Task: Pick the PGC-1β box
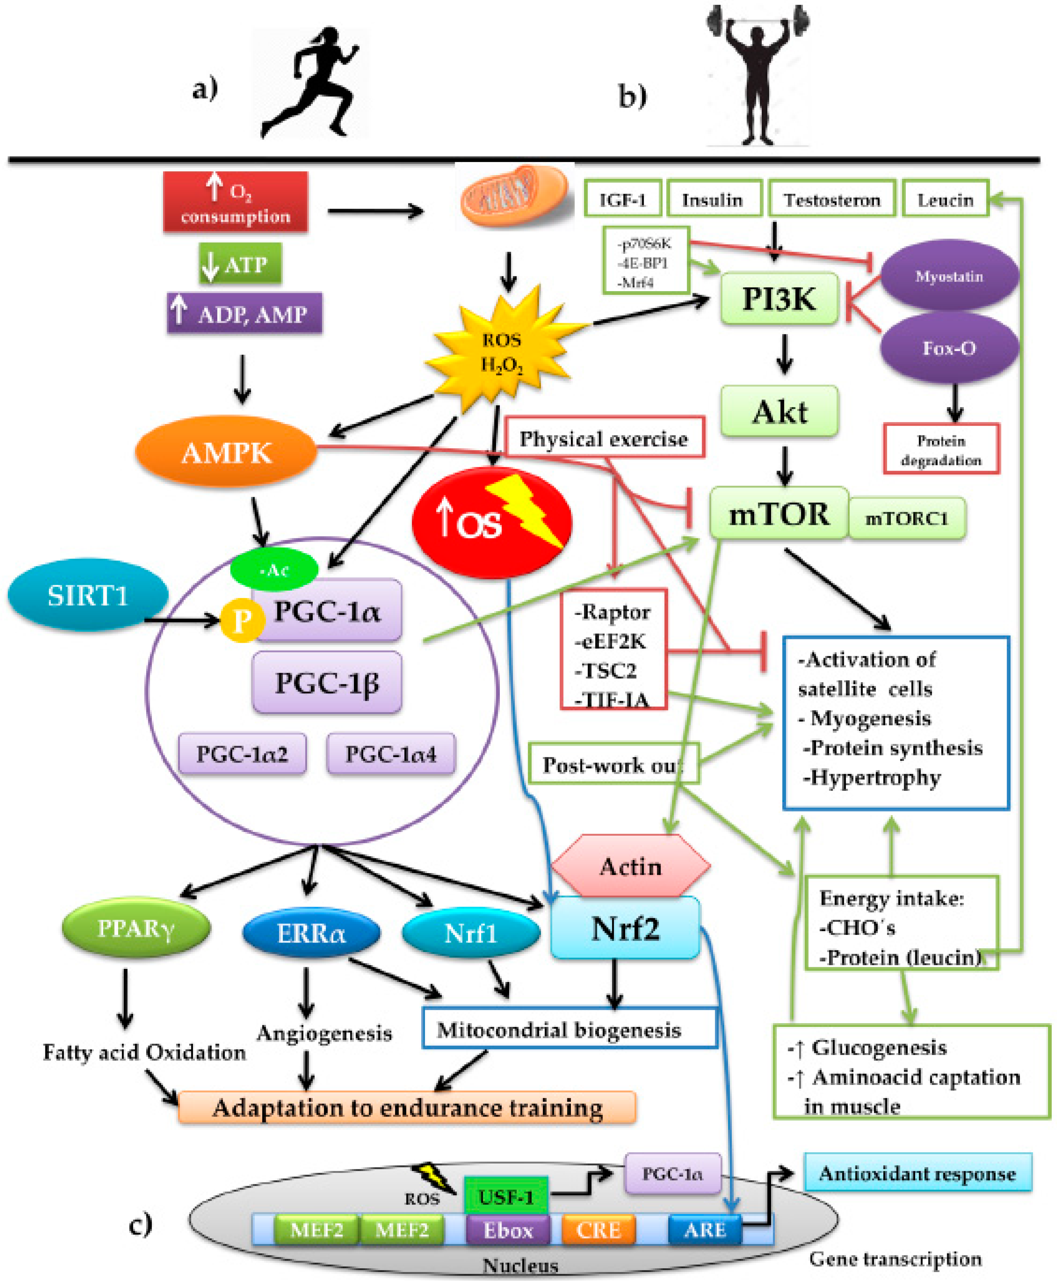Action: tap(327, 682)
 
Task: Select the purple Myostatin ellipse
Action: tap(949, 276)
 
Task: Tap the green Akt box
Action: tap(779, 412)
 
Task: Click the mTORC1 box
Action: tap(907, 518)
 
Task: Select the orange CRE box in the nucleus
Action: tap(598, 1230)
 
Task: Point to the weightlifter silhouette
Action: tap(758, 73)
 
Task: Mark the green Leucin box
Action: tap(945, 199)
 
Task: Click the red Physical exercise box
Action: tap(604, 438)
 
